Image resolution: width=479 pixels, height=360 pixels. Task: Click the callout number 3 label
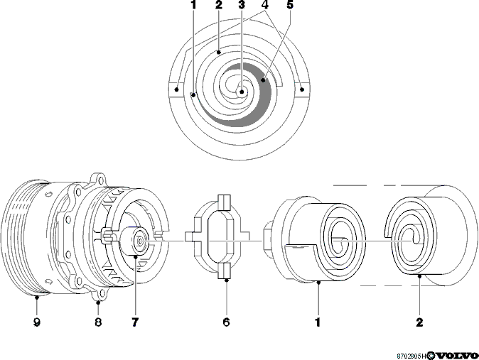point(242,4)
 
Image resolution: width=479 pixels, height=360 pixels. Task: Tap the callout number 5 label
point(289,4)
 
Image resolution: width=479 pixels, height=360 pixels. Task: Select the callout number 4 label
point(265,4)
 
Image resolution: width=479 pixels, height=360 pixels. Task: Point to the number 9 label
point(37,322)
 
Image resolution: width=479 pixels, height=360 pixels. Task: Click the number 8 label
point(98,322)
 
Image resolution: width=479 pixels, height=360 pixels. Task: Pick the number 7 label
point(135,322)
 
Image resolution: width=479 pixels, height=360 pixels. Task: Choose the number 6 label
point(227,322)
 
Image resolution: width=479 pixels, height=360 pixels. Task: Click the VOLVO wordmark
point(456,356)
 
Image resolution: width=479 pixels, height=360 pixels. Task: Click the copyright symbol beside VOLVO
point(431,356)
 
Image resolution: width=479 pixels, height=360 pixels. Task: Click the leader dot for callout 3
point(242,92)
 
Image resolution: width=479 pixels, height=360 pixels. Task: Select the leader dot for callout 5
point(263,80)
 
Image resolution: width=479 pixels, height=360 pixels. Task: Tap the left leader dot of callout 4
point(176,89)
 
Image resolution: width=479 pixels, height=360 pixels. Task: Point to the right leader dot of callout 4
point(302,89)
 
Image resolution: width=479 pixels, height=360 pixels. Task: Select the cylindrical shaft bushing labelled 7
point(134,241)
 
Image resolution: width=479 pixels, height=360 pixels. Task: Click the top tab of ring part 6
point(224,202)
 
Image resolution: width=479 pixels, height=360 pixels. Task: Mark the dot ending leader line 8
point(98,302)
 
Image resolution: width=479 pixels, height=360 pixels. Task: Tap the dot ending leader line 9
point(37,297)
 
